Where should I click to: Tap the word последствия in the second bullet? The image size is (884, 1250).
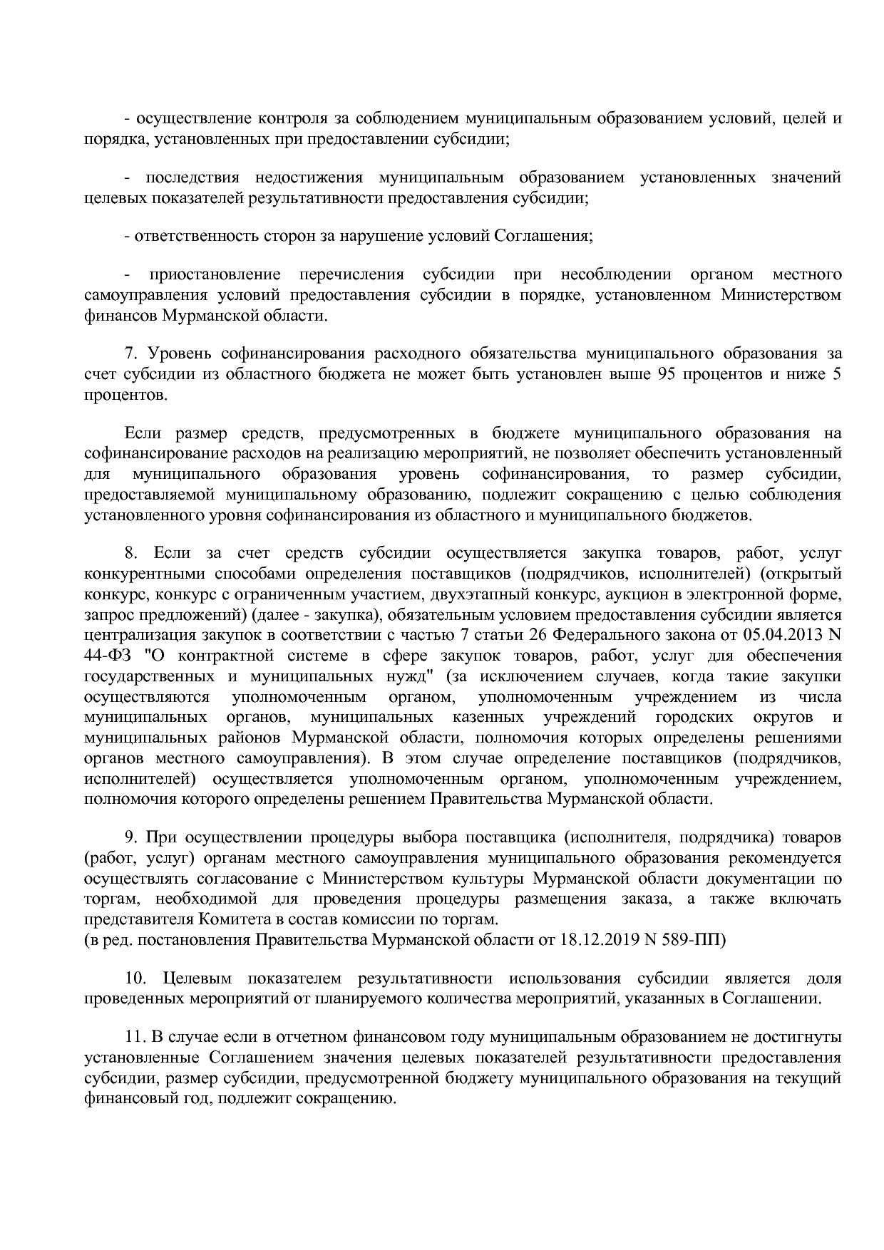pos(192,177)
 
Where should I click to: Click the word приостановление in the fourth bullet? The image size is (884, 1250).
pos(215,275)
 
